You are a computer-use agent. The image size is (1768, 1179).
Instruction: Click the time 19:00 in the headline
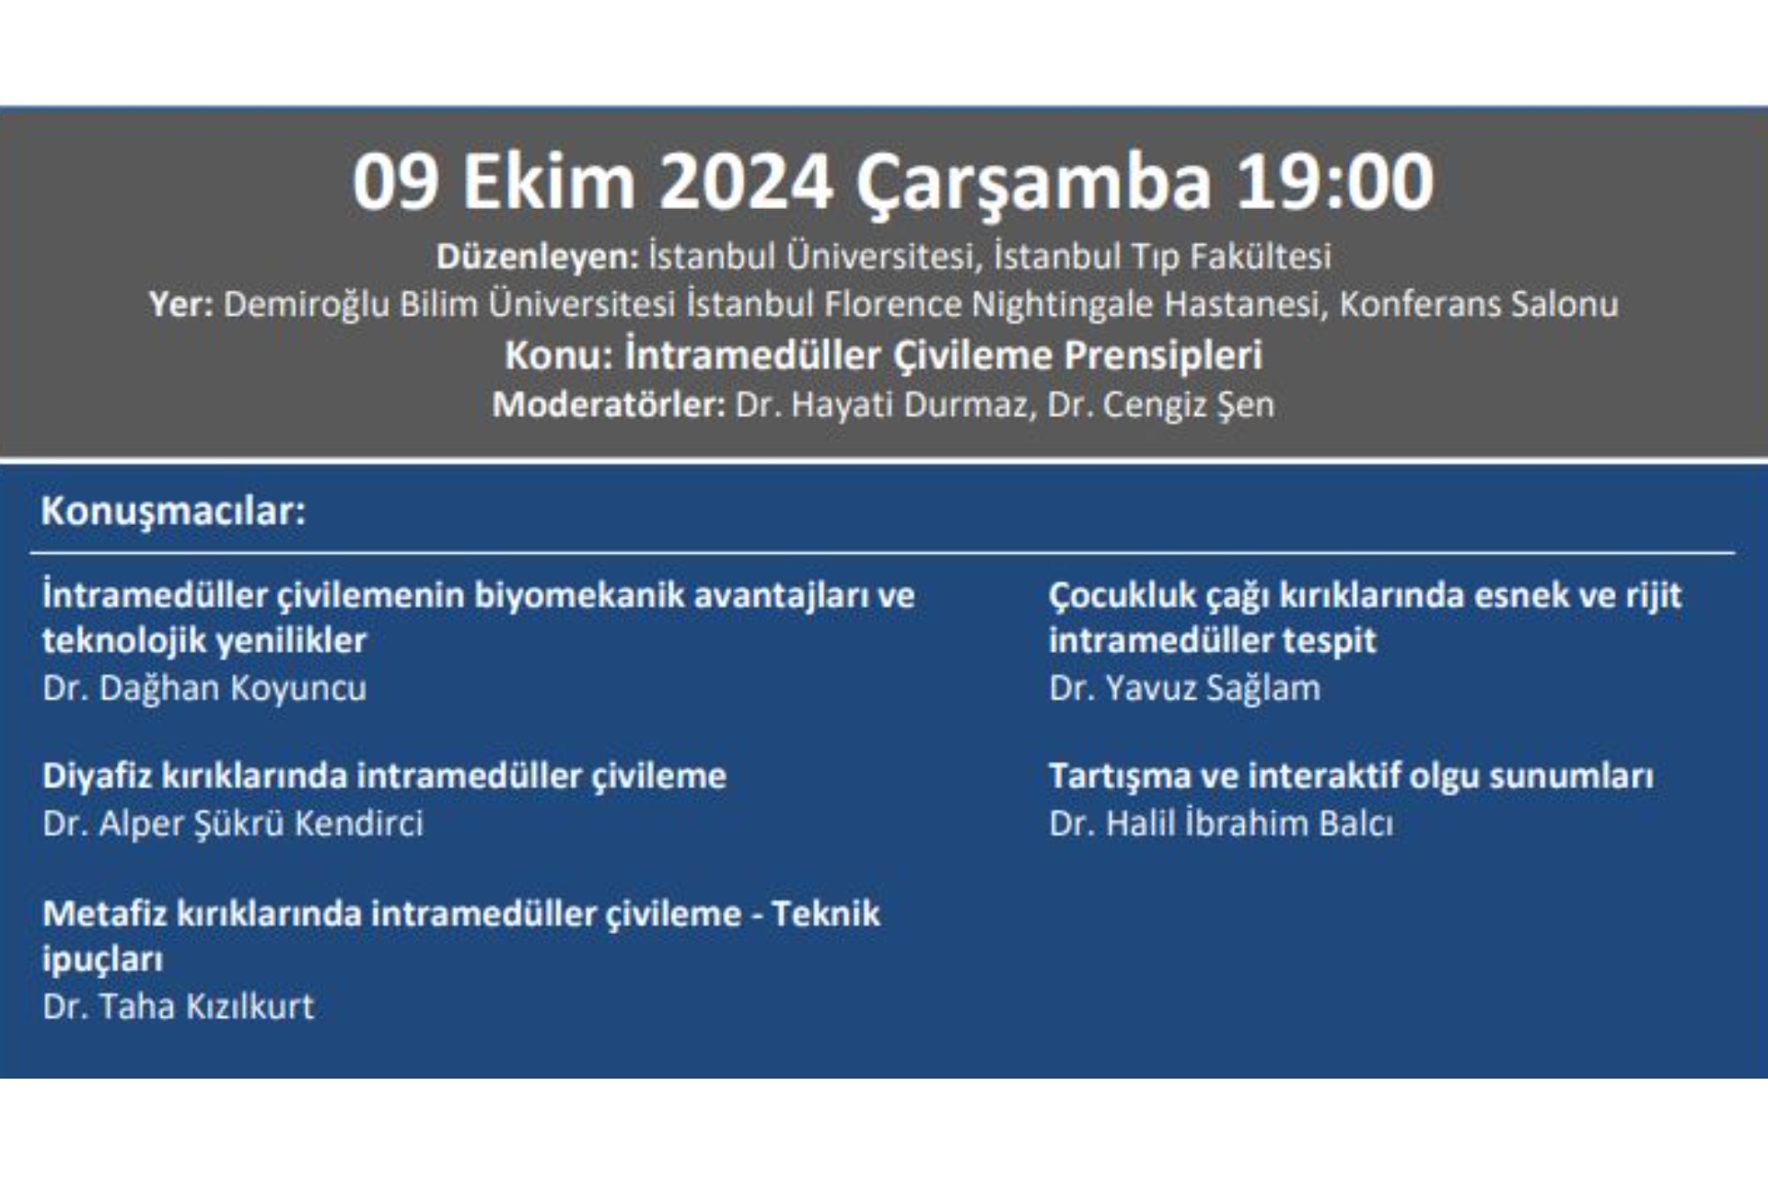[1334, 181]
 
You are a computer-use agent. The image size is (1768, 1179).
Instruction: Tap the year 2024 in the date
[746, 181]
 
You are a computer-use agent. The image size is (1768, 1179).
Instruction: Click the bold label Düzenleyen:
[537, 256]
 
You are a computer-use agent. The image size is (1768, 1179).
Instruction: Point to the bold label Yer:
[181, 304]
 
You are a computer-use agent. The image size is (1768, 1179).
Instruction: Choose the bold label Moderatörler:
[609, 404]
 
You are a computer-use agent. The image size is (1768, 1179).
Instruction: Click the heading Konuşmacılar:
[173, 510]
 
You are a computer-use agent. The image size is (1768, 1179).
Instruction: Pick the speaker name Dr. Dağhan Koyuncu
[204, 688]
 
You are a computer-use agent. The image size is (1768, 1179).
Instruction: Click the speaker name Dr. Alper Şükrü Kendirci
[233, 823]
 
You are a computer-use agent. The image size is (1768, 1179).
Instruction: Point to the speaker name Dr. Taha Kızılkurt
[179, 1007]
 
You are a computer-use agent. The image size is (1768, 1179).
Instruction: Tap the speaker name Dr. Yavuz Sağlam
[1184, 688]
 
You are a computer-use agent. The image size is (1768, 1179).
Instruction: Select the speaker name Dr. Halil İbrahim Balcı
[1221, 823]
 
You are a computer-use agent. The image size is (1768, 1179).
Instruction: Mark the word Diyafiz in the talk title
[97, 776]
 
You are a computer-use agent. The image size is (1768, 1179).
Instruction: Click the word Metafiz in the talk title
[103, 914]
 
